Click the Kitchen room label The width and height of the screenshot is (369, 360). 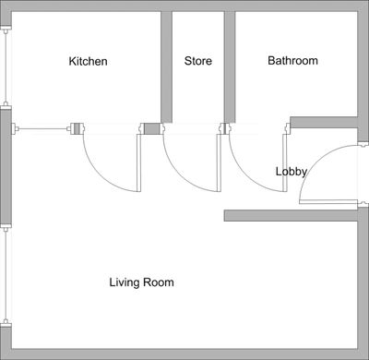pos(89,62)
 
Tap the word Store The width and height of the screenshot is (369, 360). pos(198,62)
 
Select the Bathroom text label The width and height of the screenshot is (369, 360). pos(292,61)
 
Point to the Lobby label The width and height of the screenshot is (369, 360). pos(291,172)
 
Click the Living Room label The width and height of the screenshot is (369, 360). pos(141,282)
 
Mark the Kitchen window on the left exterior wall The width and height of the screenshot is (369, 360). pos(6,65)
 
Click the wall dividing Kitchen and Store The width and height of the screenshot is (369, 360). pos(167,65)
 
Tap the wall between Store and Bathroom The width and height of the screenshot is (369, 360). pos(230,65)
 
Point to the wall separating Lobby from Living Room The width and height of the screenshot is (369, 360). pos(291,215)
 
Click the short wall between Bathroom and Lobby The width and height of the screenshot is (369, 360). pos(323,122)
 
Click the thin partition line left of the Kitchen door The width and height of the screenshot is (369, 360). pos(42,128)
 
